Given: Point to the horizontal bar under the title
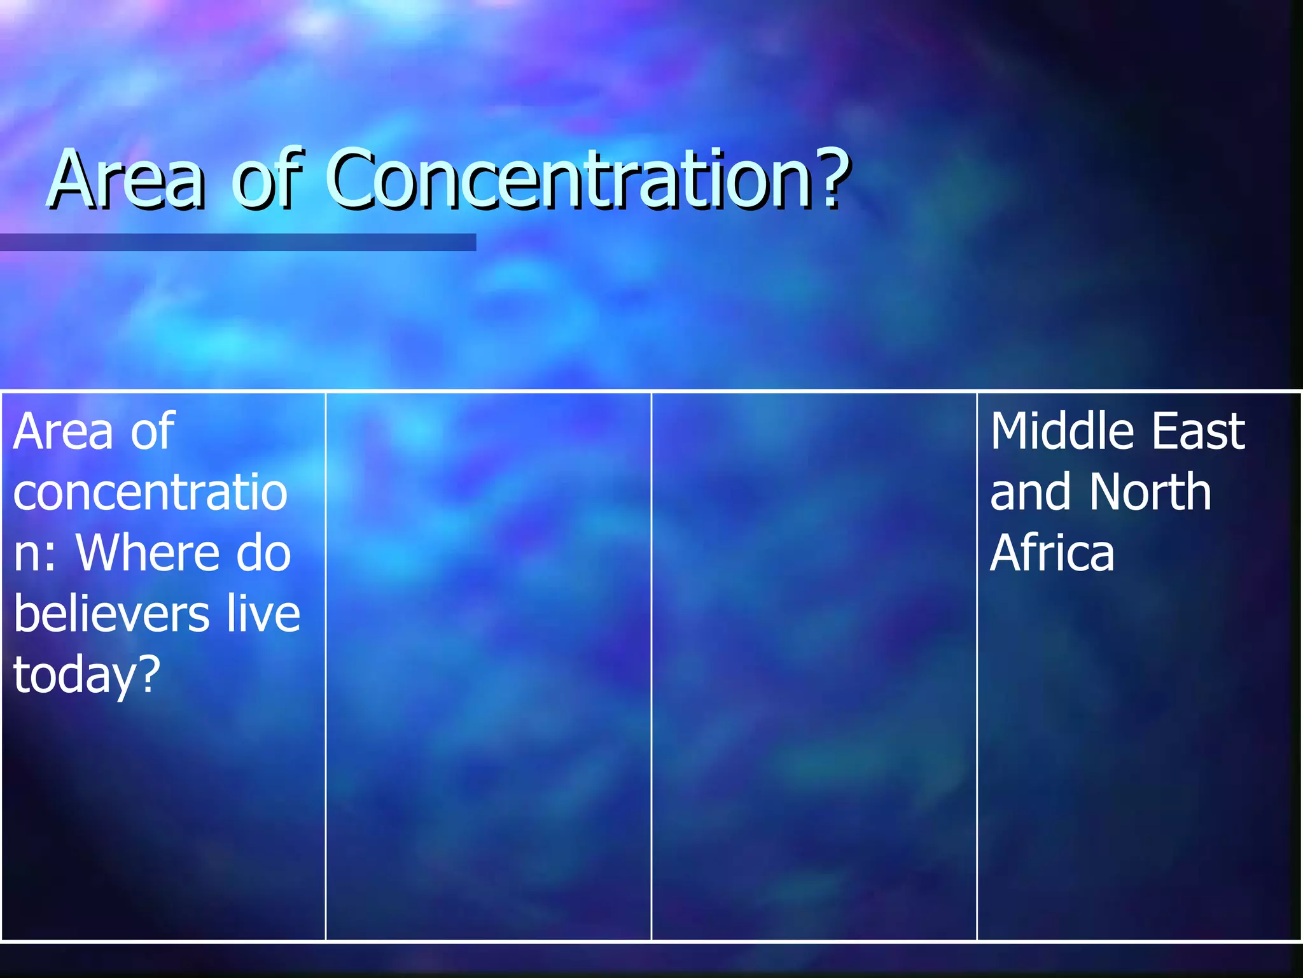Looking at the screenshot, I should coord(237,242).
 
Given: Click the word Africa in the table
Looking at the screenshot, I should coord(1052,553).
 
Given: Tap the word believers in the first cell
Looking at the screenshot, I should coord(111,614).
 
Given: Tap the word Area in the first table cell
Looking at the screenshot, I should coord(62,432).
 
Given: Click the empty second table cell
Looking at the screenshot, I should coord(488,665).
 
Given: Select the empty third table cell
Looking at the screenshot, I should coord(814,665).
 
